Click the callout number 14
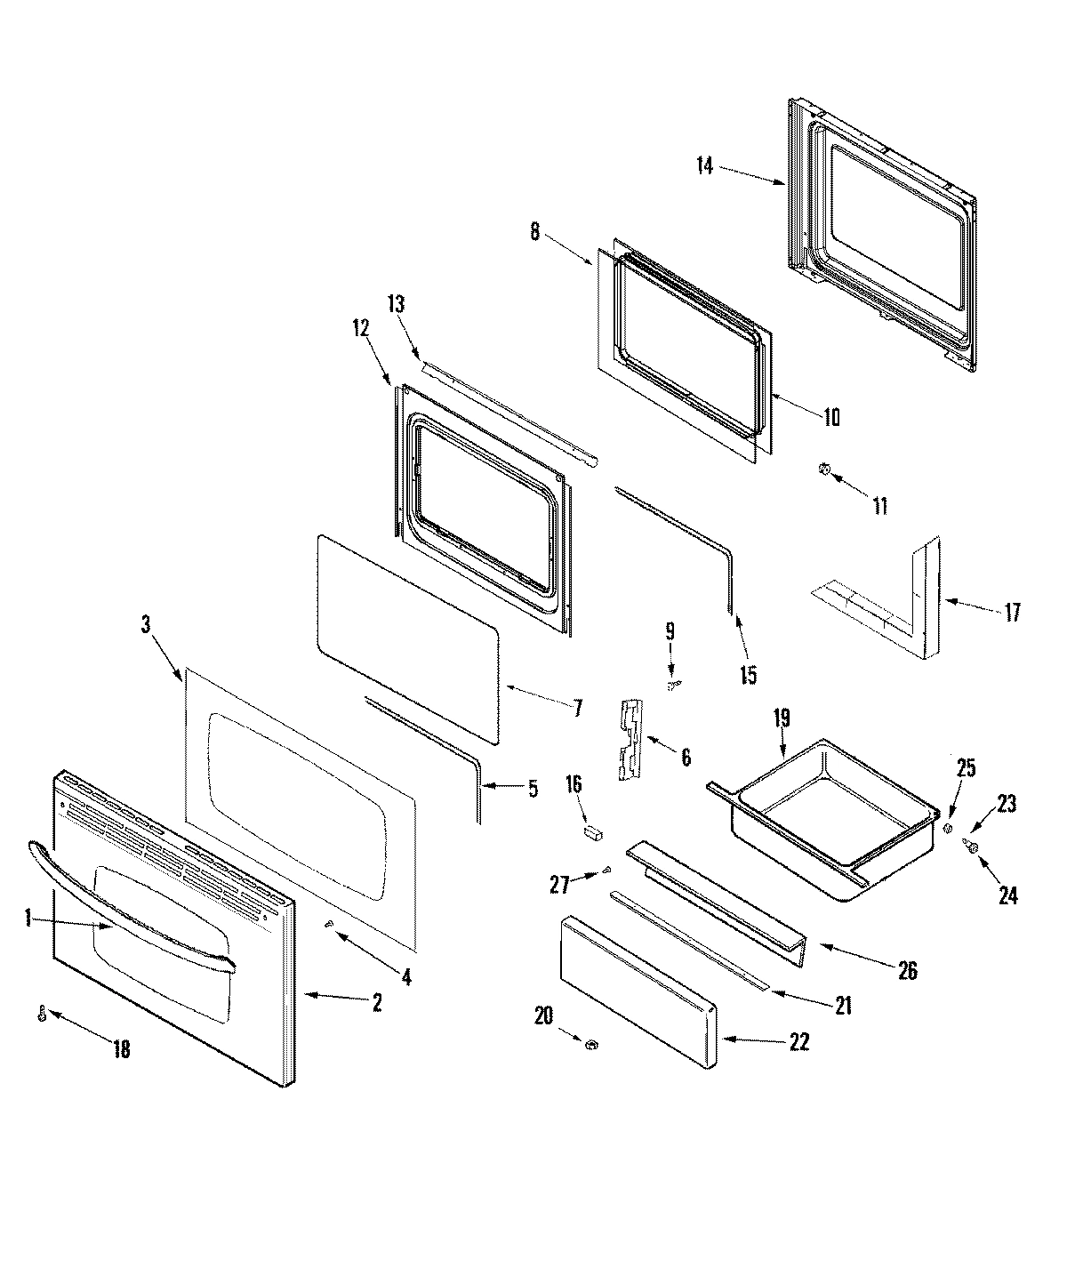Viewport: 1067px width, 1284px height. click(704, 165)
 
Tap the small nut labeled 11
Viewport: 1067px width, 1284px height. click(824, 469)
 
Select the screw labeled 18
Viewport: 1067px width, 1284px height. click(42, 1014)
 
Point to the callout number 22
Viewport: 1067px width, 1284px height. click(798, 1042)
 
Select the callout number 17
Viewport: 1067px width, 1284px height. click(1012, 612)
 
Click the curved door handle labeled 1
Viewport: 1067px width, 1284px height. click(133, 898)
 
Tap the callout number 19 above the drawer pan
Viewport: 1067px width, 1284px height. click(781, 718)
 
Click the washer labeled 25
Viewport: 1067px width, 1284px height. click(948, 829)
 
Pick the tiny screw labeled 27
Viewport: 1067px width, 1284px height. click(607, 870)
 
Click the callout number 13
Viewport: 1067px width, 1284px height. click(396, 304)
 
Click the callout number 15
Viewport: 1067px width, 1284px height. click(748, 675)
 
